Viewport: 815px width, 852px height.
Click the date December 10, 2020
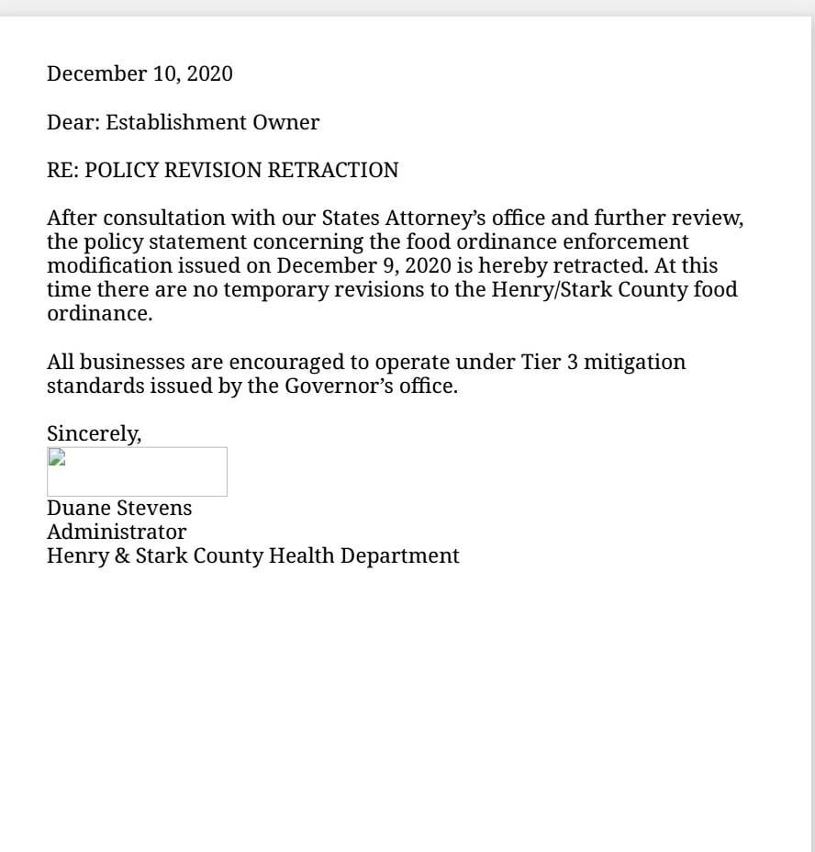140,73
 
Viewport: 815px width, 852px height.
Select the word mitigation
635,362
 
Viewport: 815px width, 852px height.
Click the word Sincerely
94,433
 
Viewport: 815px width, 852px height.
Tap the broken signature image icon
56,456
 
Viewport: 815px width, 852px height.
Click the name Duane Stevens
119,508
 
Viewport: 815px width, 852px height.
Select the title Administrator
117,532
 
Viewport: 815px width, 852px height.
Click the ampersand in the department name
121,555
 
